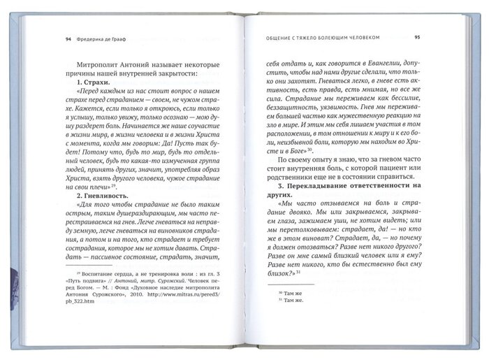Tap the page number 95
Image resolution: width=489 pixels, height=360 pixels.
click(416, 37)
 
